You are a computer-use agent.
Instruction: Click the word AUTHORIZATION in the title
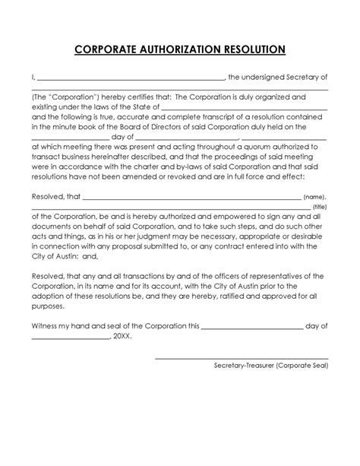[180, 50]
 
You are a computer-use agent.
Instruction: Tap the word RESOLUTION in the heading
[254, 50]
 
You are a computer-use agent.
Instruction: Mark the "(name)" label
[317, 197]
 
